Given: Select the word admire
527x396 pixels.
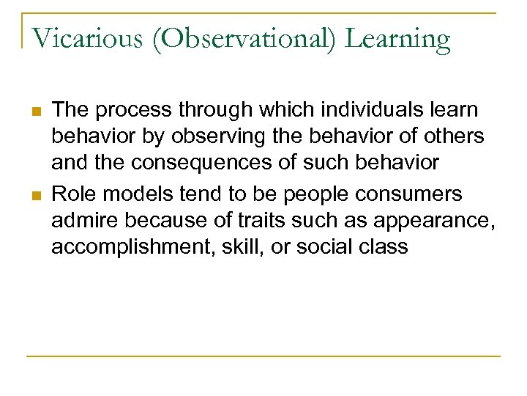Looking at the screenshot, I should (x=80, y=220).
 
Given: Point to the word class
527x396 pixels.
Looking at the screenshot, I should (x=385, y=246).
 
